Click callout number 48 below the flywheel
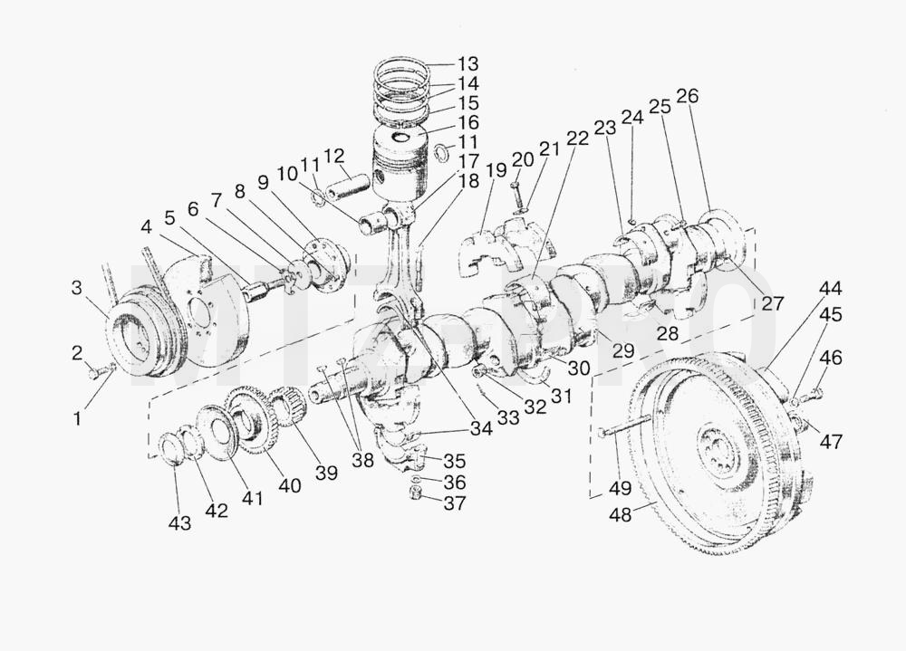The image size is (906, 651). coord(621,514)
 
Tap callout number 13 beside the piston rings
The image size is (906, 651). coord(468,63)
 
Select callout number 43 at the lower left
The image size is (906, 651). coord(179,523)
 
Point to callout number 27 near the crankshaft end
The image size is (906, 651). coord(773,302)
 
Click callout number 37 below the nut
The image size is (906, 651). coord(454,503)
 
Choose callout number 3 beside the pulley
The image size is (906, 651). coord(77,287)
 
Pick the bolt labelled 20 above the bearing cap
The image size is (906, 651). coord(516,195)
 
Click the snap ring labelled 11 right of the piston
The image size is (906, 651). coord(442,152)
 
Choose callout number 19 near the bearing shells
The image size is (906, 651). coord(496,170)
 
